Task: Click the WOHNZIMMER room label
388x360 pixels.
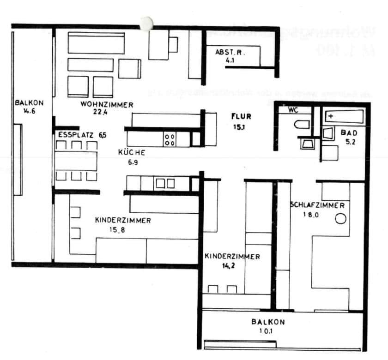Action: (x=107, y=105)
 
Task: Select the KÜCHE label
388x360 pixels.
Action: (x=132, y=152)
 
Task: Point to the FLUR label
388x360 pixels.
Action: (x=241, y=117)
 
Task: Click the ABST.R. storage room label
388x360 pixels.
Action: (x=230, y=52)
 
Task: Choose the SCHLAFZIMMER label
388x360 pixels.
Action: (x=317, y=205)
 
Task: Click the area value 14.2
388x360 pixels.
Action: (x=225, y=266)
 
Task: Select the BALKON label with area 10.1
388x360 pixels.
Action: (x=268, y=322)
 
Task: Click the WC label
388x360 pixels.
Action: (x=293, y=110)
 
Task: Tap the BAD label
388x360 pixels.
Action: (x=346, y=133)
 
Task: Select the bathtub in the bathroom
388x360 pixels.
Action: (x=344, y=116)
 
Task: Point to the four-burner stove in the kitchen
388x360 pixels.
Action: (x=169, y=139)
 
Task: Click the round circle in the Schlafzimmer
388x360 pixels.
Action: (x=340, y=219)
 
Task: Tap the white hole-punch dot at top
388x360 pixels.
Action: (x=146, y=23)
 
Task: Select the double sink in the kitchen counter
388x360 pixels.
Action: (x=165, y=183)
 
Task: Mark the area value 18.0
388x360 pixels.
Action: (x=311, y=214)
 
